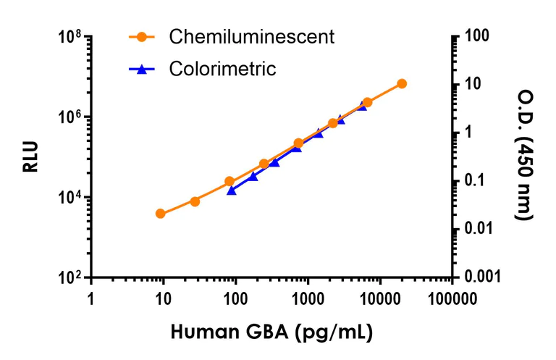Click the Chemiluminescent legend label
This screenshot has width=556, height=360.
(x=251, y=36)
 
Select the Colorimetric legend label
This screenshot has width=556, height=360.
(x=222, y=70)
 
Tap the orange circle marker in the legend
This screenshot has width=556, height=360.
(x=142, y=36)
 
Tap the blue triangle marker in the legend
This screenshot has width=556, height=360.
(x=142, y=70)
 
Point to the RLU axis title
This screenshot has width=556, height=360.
(x=30, y=157)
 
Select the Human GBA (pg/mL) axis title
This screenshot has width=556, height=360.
(x=271, y=333)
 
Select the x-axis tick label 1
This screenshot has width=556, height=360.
(x=91, y=298)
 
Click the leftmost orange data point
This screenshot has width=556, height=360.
(x=160, y=214)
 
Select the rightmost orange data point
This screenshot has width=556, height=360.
(x=402, y=84)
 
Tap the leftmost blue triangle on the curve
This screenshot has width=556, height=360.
(x=232, y=190)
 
